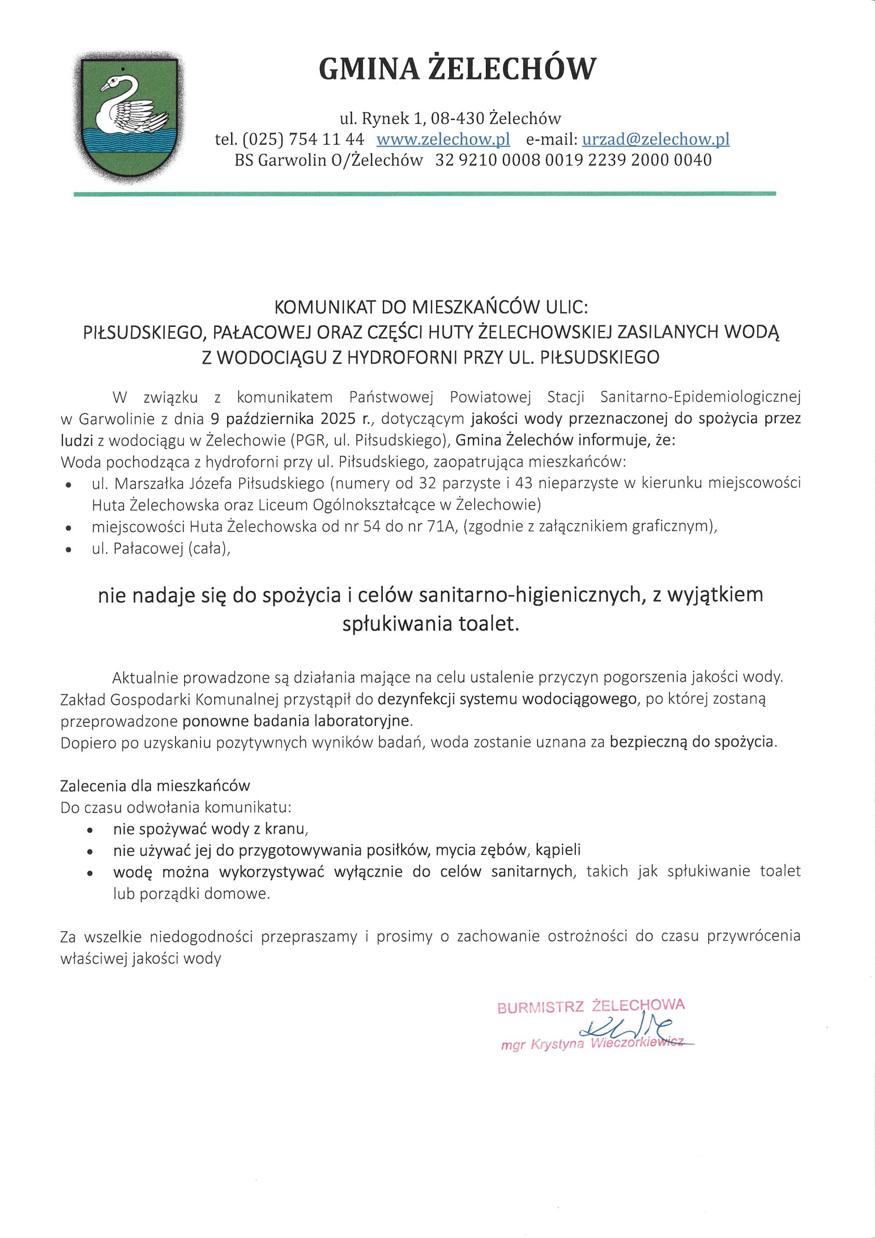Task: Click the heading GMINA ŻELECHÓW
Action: [458, 70]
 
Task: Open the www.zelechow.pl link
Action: [443, 139]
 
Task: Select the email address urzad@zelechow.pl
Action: [656, 139]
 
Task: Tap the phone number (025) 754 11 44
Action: [304, 139]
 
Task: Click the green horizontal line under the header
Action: [425, 193]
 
